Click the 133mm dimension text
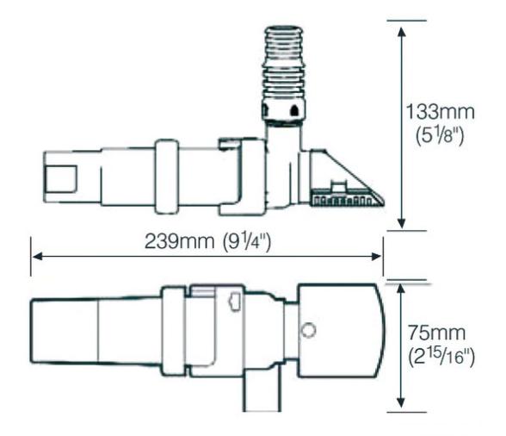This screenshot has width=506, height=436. click(x=440, y=112)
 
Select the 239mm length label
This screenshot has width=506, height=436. click(x=179, y=241)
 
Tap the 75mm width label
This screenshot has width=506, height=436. click(x=437, y=333)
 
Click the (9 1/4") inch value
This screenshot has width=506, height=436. click(x=247, y=242)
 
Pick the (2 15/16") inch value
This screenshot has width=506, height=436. click(x=441, y=357)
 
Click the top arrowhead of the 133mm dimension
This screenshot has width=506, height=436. click(x=401, y=32)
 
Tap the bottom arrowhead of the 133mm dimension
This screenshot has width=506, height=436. click(x=401, y=223)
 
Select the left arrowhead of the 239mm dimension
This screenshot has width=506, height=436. click(x=38, y=257)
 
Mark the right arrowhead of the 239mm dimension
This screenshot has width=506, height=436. click(x=376, y=257)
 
